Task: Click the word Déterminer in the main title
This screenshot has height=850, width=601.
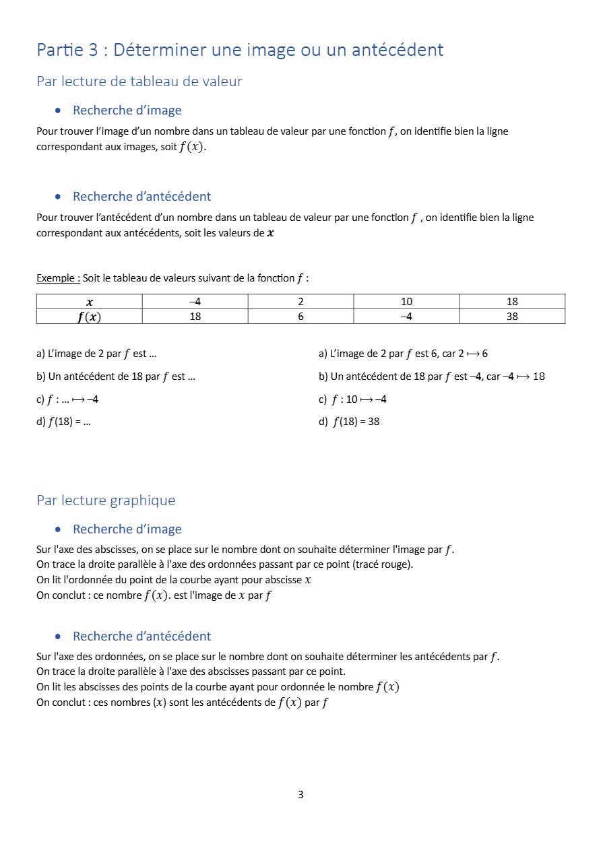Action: tap(160, 50)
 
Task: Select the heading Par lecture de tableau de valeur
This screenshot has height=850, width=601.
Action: tap(139, 81)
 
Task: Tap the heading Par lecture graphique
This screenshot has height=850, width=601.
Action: tap(106, 500)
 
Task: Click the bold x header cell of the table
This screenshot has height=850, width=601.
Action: tap(90, 302)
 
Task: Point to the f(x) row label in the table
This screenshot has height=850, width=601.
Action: tap(89, 317)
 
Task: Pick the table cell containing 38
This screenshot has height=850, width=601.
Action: tap(512, 317)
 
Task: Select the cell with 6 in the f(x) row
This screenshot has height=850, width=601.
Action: tap(300, 317)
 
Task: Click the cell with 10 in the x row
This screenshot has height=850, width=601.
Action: tap(406, 302)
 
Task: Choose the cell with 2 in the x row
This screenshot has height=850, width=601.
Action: tap(300, 302)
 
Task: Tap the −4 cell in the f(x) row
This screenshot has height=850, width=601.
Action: tap(406, 317)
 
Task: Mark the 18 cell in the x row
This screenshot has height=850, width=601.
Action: tap(512, 302)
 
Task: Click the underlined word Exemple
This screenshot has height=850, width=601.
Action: tap(58, 278)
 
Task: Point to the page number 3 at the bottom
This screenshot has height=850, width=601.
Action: tap(300, 795)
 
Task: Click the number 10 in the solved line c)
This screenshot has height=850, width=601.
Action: tap(352, 399)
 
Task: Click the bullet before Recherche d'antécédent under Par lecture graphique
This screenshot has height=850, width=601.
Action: tap(59, 636)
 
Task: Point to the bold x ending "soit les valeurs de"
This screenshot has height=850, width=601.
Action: tap(271, 234)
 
